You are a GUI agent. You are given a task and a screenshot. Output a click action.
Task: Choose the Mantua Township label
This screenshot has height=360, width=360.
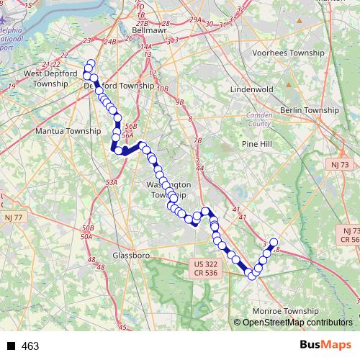click(x=68, y=132)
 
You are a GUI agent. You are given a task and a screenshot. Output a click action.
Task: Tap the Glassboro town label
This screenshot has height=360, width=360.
click(x=131, y=255)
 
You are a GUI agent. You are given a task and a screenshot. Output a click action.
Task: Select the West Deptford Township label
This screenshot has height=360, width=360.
click(x=48, y=78)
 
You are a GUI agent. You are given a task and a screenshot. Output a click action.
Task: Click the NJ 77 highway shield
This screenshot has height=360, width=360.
click(x=12, y=217)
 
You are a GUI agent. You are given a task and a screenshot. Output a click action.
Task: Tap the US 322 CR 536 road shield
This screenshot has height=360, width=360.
click(x=205, y=269)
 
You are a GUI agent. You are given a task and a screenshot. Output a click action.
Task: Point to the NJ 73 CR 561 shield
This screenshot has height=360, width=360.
click(x=350, y=234)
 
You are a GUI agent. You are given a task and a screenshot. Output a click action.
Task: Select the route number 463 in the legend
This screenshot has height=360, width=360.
click(x=30, y=346)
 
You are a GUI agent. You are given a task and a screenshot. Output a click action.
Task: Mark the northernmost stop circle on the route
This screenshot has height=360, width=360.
click(x=90, y=63)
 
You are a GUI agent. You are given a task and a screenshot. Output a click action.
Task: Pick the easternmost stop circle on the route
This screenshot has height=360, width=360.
click(x=274, y=242)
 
